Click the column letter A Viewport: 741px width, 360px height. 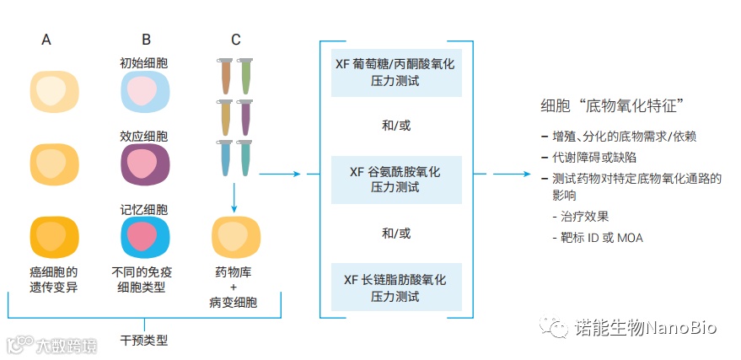(x=46, y=40)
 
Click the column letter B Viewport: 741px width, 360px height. (x=146, y=40)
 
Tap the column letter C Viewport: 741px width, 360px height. (x=236, y=40)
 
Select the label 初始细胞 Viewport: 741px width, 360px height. (x=144, y=63)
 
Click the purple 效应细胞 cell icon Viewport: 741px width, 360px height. (x=145, y=163)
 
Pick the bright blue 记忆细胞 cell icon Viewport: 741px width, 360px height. (x=145, y=236)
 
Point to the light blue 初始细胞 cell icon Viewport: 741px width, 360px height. (x=145, y=91)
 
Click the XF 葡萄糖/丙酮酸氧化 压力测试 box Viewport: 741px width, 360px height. (x=397, y=72)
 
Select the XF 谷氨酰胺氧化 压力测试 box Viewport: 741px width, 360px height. (x=397, y=179)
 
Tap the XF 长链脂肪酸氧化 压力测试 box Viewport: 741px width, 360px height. (x=397, y=286)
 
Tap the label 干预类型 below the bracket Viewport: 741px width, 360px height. (x=144, y=341)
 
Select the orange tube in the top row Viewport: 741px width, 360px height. (x=225, y=75)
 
